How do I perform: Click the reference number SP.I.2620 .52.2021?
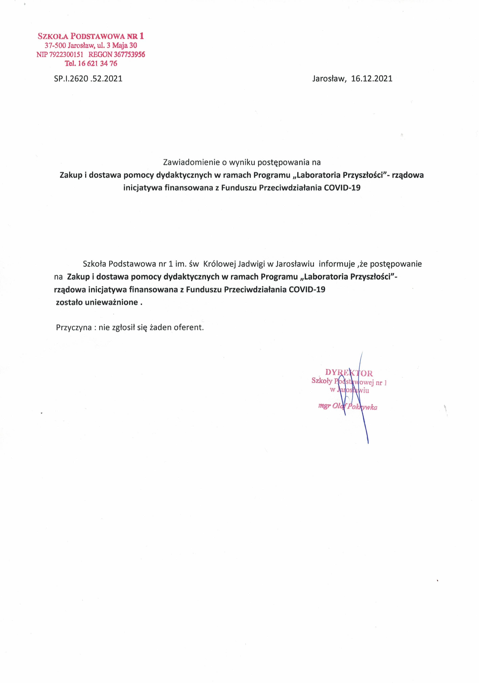click(88, 79)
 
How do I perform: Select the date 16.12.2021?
click(372, 79)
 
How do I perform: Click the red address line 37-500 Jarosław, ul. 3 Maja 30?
click(91, 46)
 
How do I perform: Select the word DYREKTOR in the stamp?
click(349, 373)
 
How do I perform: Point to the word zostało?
click(70, 303)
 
